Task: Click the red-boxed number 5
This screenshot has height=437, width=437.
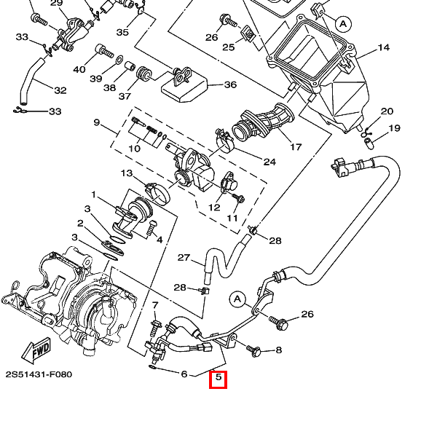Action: click(x=218, y=379)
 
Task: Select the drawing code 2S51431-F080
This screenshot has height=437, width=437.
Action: click(x=39, y=374)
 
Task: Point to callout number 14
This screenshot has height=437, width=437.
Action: click(x=383, y=48)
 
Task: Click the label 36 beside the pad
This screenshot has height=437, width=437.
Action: click(x=230, y=84)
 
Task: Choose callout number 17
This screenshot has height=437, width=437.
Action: click(x=296, y=146)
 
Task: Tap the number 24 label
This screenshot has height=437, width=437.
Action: click(x=269, y=162)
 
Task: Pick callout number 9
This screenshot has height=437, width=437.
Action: click(x=96, y=122)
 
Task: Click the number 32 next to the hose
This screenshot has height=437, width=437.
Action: click(x=60, y=90)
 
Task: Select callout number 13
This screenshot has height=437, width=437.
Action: click(x=127, y=173)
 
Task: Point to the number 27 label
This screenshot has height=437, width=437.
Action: click(x=184, y=258)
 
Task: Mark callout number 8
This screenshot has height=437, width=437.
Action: click(x=277, y=350)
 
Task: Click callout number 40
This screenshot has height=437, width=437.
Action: click(x=79, y=69)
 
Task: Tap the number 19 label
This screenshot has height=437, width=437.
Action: click(x=394, y=128)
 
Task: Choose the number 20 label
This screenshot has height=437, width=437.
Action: click(x=387, y=111)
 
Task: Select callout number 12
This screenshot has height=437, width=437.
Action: click(x=214, y=208)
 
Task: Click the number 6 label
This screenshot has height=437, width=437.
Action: click(x=184, y=374)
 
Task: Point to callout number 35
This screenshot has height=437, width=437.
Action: click(x=122, y=33)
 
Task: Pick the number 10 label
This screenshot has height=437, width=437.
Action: click(x=134, y=149)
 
